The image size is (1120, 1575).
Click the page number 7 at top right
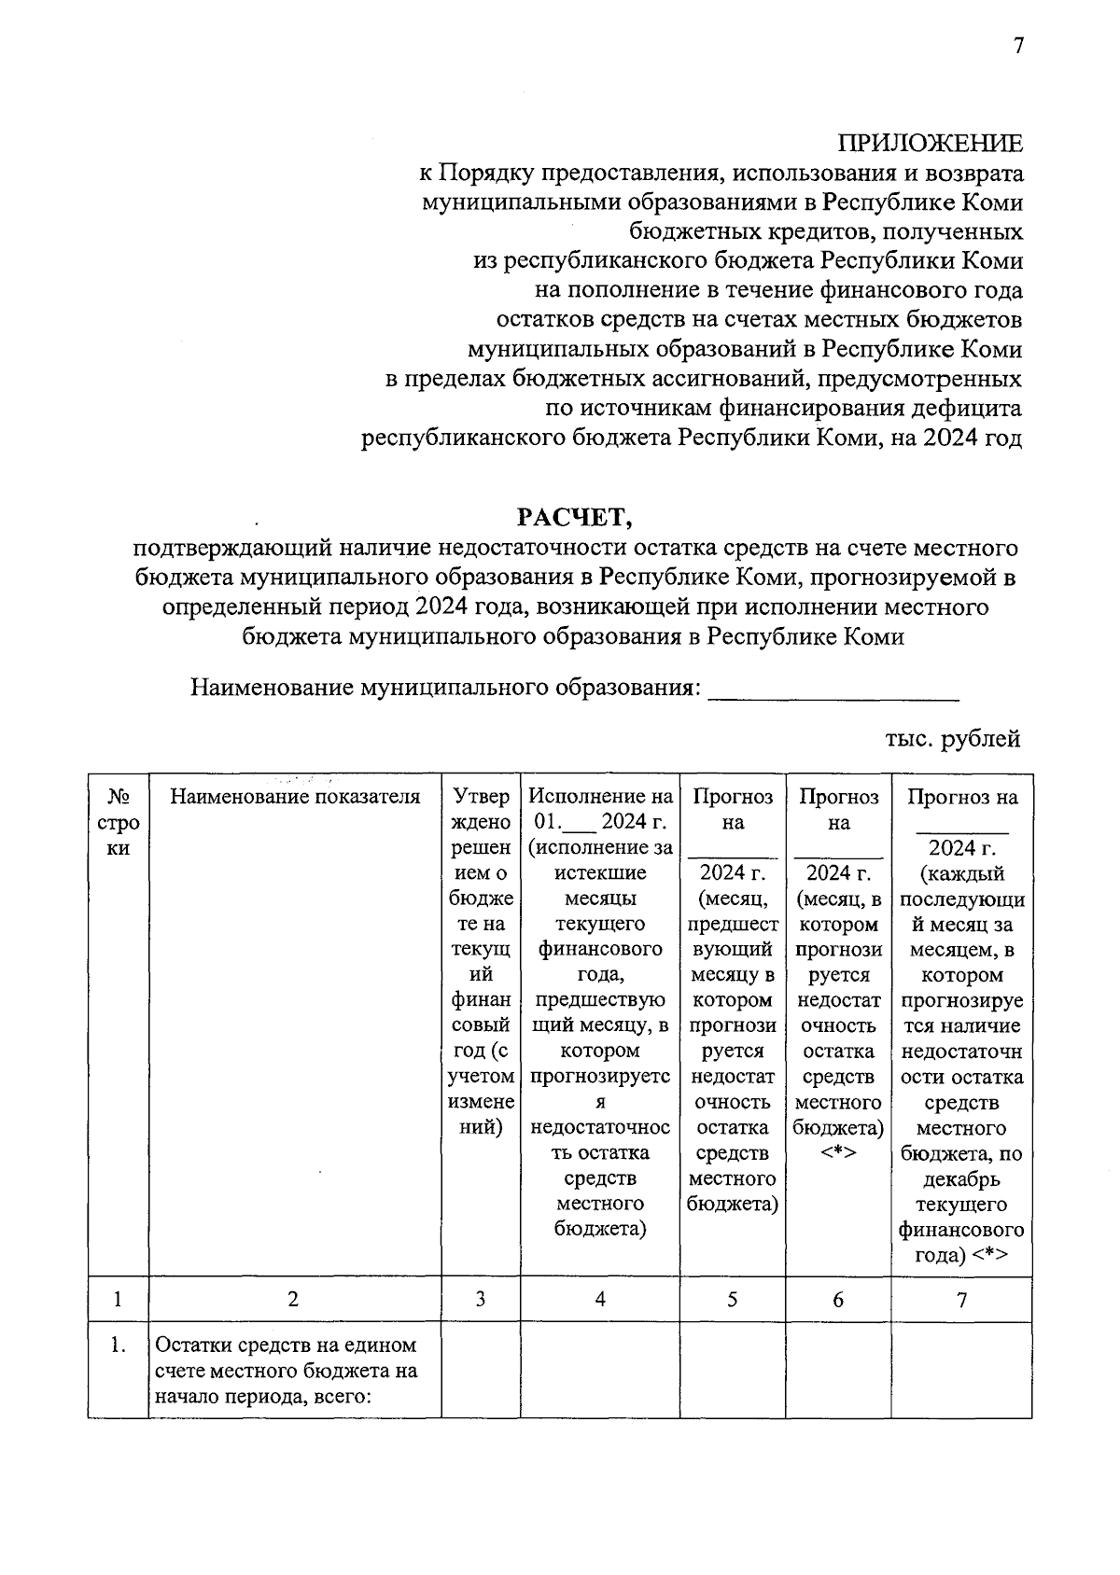1018,48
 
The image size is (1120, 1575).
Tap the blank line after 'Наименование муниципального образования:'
833,691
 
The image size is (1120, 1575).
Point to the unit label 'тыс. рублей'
952,739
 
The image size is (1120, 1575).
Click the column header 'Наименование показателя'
295,797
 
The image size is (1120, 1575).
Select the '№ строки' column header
118,822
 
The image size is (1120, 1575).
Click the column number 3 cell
480,1299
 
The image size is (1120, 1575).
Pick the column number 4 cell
600,1299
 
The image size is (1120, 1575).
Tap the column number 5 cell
733,1299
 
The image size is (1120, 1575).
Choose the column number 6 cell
838,1299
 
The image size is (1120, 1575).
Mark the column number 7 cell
961,1299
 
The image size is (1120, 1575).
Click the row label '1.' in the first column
118,1345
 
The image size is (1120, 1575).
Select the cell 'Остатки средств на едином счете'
286,1371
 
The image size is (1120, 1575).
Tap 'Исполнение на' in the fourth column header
600,797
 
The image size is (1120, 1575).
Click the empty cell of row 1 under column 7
961,1370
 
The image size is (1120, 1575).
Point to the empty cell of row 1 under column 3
480,1370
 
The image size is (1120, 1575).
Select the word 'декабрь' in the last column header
961,1178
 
